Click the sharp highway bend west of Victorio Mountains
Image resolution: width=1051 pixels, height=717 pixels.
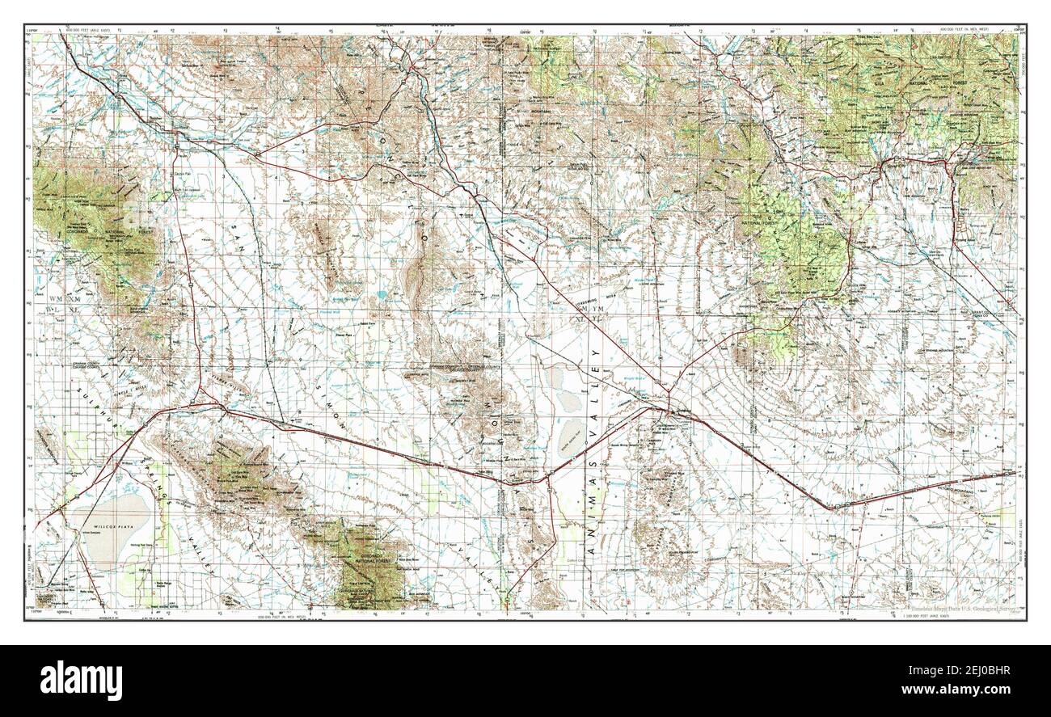[831, 508]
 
